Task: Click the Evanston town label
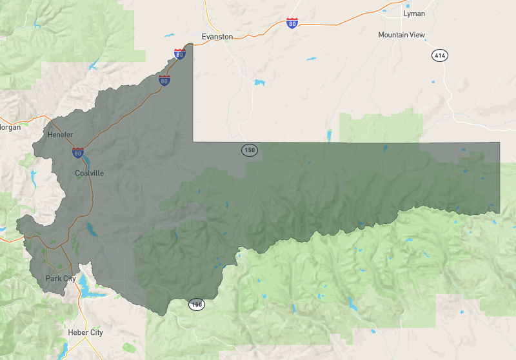pyautogui.click(x=217, y=37)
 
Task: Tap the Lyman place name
pyautogui.click(x=413, y=13)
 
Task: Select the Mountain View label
pyautogui.click(x=402, y=35)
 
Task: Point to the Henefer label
pyautogui.click(x=61, y=134)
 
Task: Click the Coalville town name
pyautogui.click(x=89, y=173)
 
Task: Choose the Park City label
pyautogui.click(x=61, y=279)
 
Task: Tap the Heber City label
pyautogui.click(x=85, y=332)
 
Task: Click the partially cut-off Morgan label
pyautogui.click(x=10, y=127)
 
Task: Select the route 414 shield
pyautogui.click(x=440, y=56)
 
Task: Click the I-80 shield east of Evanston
pyautogui.click(x=293, y=24)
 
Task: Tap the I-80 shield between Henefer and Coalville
pyautogui.click(x=77, y=153)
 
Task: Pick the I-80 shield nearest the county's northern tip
pyautogui.click(x=179, y=54)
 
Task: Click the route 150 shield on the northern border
pyautogui.click(x=250, y=150)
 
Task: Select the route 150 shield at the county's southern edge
pyautogui.click(x=196, y=304)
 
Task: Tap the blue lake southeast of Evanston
pyautogui.click(x=259, y=83)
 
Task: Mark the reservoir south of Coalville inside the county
pyautogui.click(x=92, y=229)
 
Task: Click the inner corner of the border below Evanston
pyautogui.click(x=193, y=141)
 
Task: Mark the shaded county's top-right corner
pyautogui.click(x=499, y=143)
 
